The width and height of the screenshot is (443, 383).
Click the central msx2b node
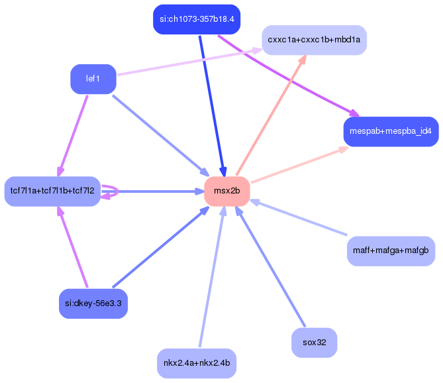[226, 191]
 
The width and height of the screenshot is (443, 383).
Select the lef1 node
[93, 79]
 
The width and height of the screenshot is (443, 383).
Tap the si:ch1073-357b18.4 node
[196, 19]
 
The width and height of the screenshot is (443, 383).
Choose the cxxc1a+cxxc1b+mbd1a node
[314, 40]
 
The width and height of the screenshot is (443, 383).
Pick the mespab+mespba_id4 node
[391, 131]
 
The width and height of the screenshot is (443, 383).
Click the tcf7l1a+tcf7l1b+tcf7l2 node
[52, 191]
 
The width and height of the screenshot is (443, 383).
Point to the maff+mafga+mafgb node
[391, 251]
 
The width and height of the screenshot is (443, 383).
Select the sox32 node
[314, 343]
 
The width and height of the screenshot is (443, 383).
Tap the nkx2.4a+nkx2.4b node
[197, 363]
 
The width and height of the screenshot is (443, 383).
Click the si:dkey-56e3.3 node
[93, 304]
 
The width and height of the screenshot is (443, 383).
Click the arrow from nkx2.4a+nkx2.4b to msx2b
[211, 278]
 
